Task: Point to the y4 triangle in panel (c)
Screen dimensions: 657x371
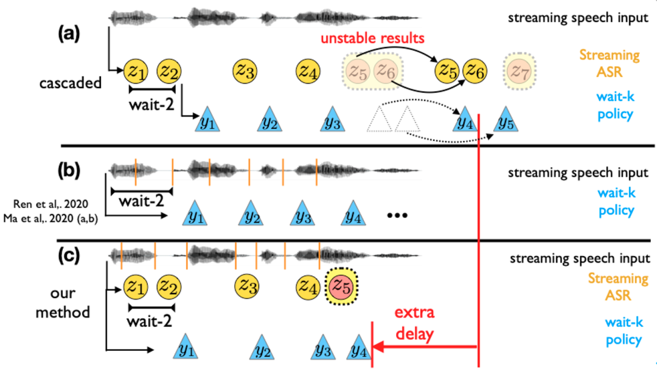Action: click(x=359, y=349)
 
